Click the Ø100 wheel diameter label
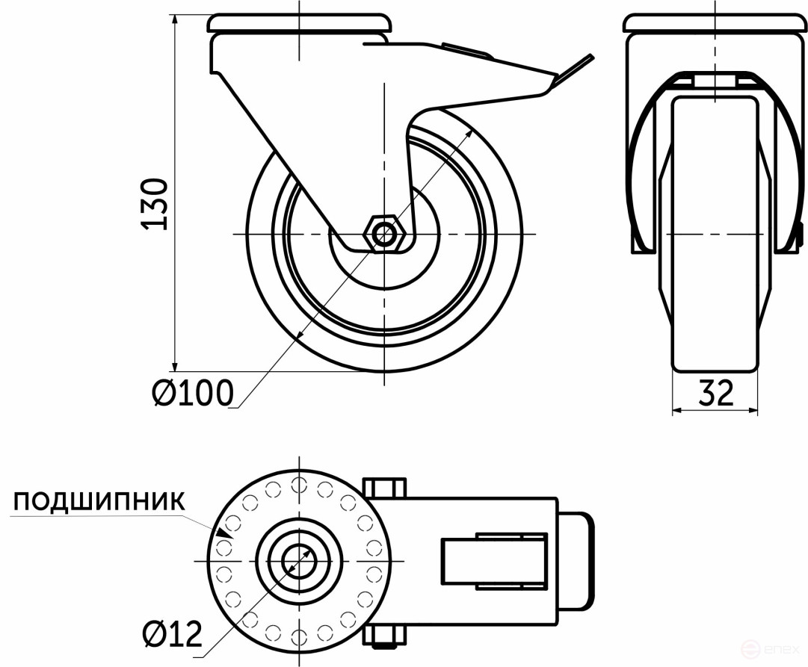click(x=193, y=393)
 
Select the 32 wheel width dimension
click(x=715, y=393)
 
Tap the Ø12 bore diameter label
click(x=172, y=635)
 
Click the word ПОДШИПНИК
click(x=99, y=501)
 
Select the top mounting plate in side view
click(x=299, y=22)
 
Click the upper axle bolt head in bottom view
click(x=385, y=489)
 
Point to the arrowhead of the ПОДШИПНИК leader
click(x=221, y=533)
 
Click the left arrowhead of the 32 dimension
click(x=677, y=409)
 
